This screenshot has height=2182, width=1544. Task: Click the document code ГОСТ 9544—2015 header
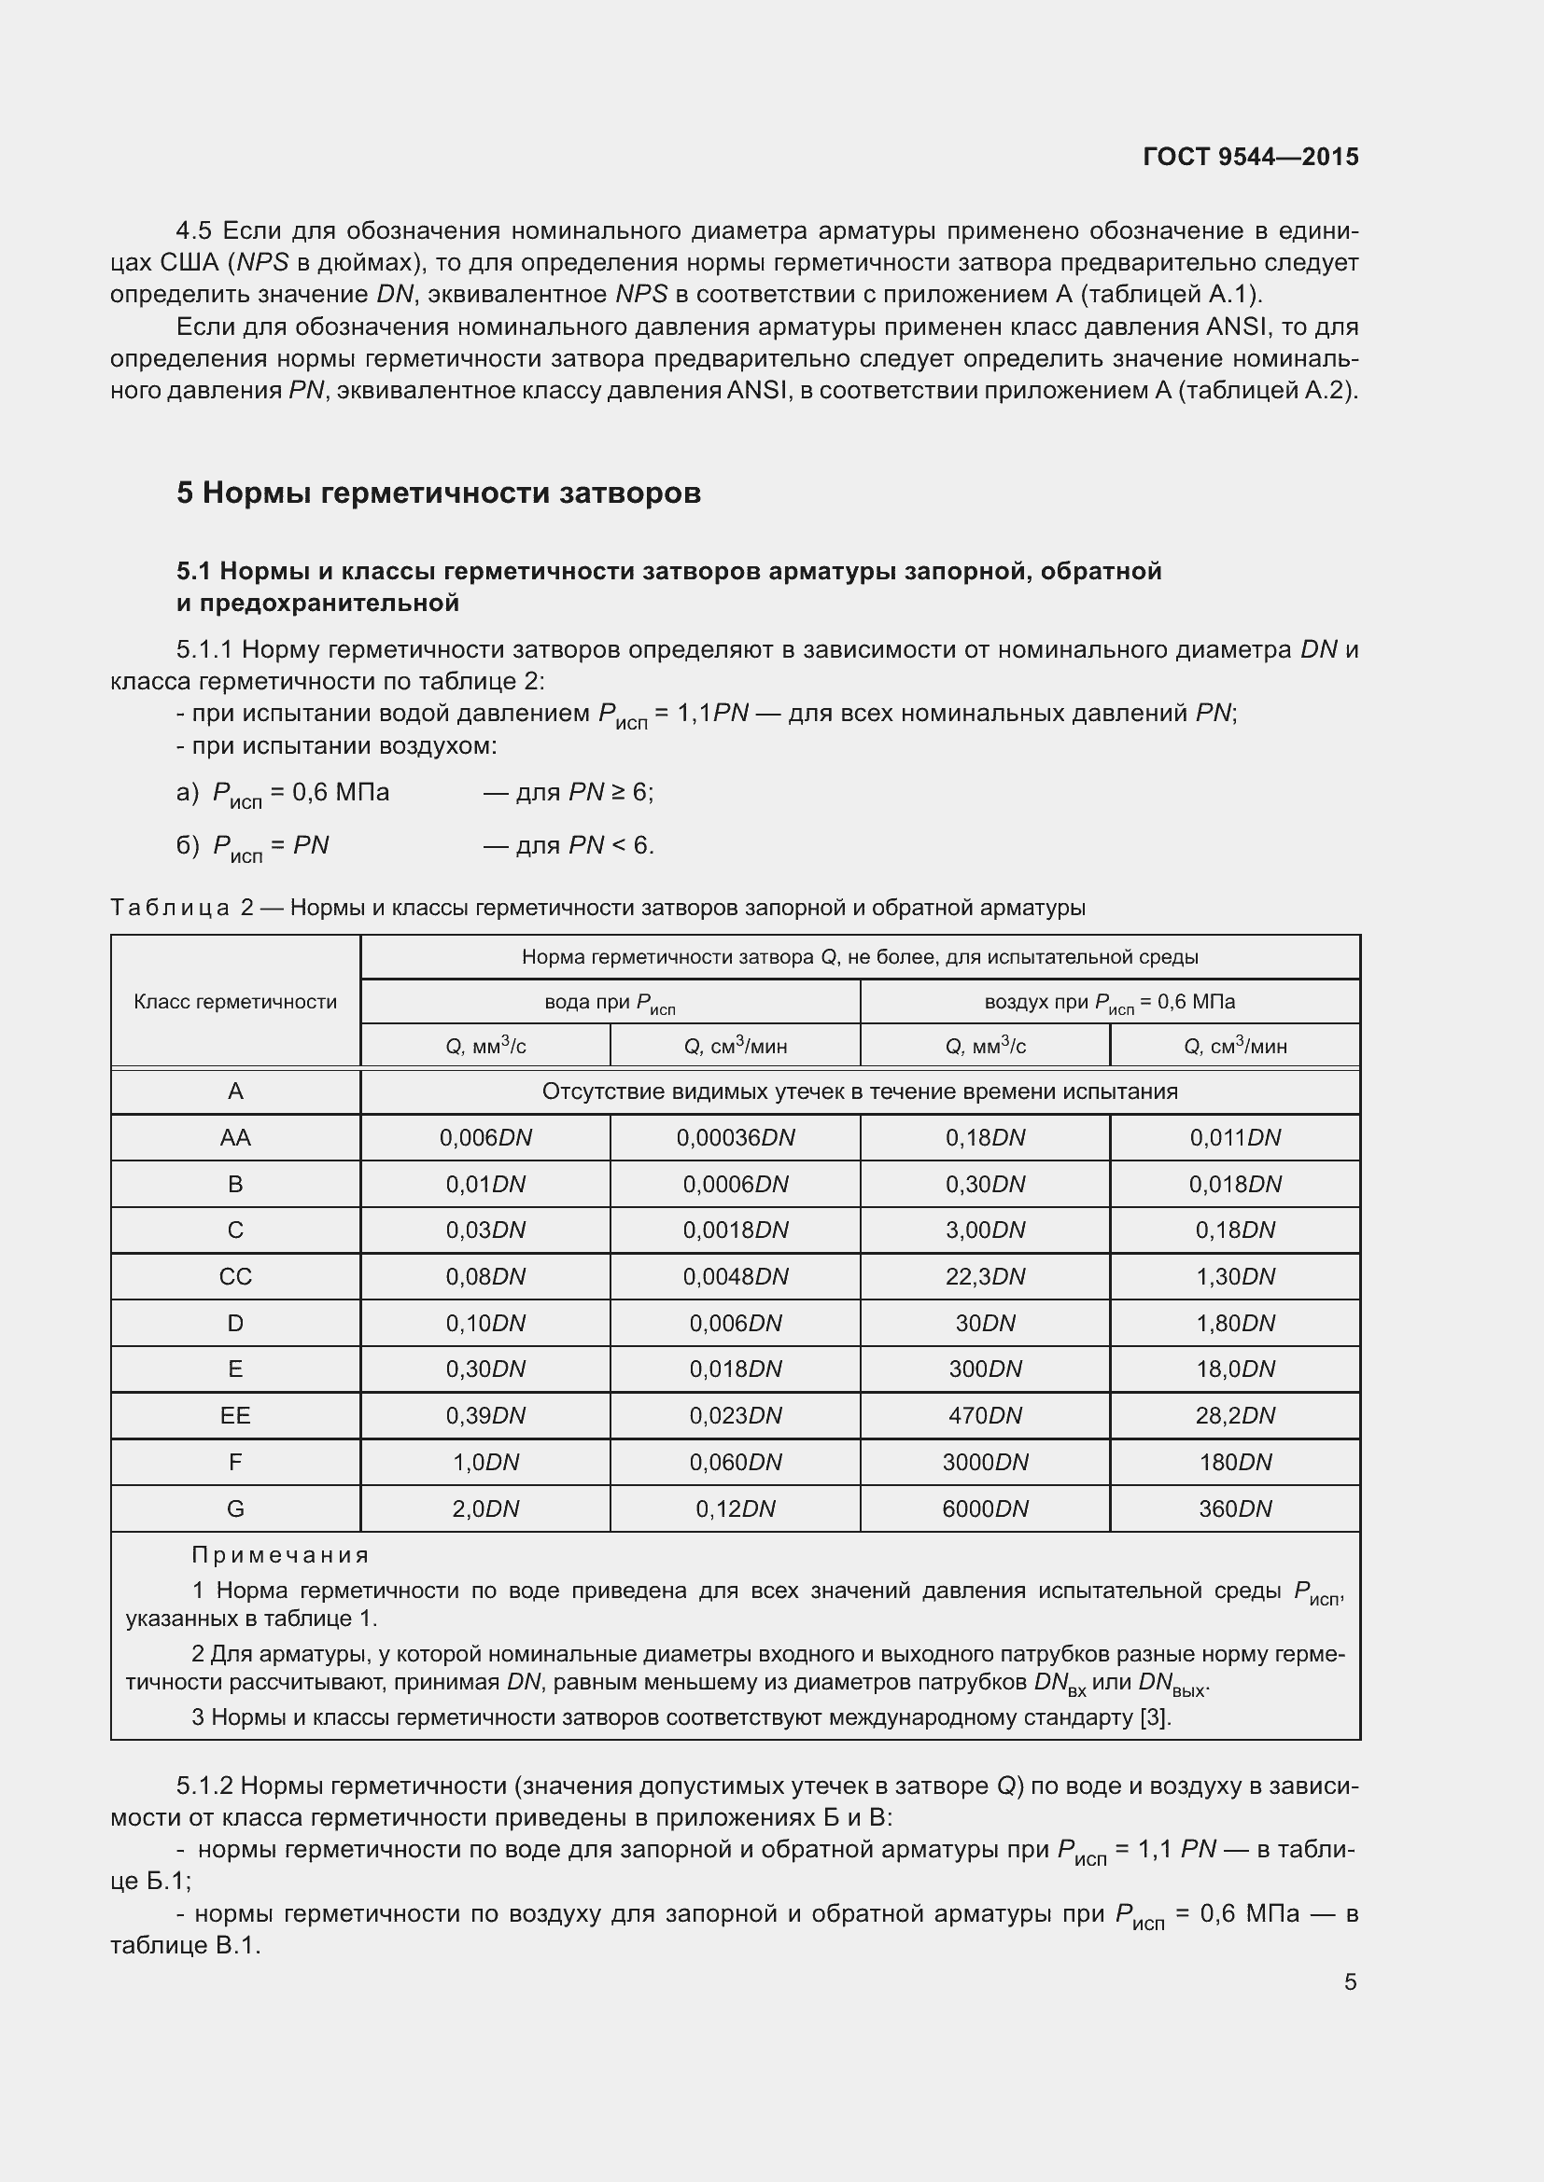(x=1250, y=157)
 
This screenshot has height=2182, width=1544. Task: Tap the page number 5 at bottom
(x=1350, y=1981)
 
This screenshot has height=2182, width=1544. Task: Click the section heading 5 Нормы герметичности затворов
(x=439, y=493)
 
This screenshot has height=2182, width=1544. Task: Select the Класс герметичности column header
(x=235, y=1002)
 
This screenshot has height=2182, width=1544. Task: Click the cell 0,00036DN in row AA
(x=735, y=1137)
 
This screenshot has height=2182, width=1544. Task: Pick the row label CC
(x=235, y=1276)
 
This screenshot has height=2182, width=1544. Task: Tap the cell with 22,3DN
(x=985, y=1276)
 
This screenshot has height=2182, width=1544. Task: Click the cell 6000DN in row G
(x=985, y=1508)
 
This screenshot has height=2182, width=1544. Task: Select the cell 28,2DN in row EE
(x=1235, y=1415)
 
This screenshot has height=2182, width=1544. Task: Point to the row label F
(x=235, y=1462)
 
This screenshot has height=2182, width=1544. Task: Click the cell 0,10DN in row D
(x=484, y=1323)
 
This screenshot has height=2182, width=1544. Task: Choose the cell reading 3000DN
(x=985, y=1462)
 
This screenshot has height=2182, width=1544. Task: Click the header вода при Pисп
(x=610, y=1003)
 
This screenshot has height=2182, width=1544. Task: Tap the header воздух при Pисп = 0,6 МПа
(x=1110, y=1003)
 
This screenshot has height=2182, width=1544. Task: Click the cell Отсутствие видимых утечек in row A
(x=860, y=1091)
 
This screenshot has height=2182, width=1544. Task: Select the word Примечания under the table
(x=279, y=1555)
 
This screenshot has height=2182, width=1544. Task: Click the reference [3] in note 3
(x=1154, y=1717)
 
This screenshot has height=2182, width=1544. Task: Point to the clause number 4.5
(x=197, y=231)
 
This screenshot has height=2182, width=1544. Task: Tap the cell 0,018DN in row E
(x=735, y=1369)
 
